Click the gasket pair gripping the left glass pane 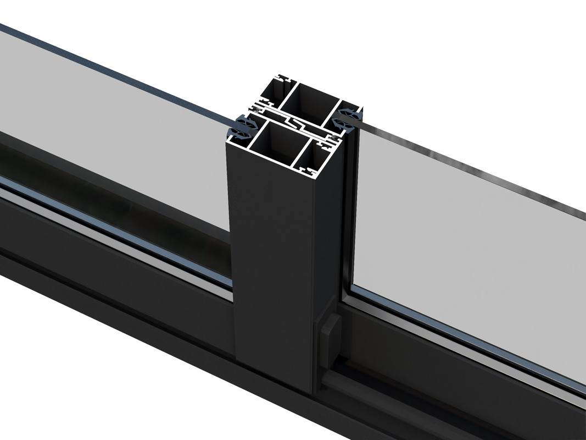point(242,127)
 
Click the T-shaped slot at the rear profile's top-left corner point(283,79)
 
